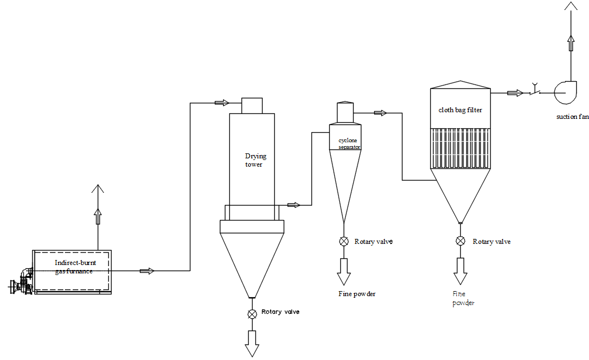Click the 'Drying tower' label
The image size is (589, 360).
[254, 160]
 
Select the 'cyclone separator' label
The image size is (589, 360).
[349, 144]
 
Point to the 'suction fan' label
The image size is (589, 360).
[572, 117]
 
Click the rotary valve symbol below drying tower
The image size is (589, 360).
[252, 314]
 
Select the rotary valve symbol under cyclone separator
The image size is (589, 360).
[344, 241]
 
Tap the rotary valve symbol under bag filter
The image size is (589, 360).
[460, 241]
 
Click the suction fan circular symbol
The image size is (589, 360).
[567, 92]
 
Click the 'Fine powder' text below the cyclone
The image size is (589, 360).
[356, 294]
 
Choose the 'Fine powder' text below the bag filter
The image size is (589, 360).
[464, 298]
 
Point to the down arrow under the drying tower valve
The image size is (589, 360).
[252, 343]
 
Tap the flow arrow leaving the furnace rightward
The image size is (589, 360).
[147, 271]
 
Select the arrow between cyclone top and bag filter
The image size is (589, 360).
[380, 113]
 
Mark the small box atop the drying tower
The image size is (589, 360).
[252, 106]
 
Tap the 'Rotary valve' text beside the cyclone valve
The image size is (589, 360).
[374, 242]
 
